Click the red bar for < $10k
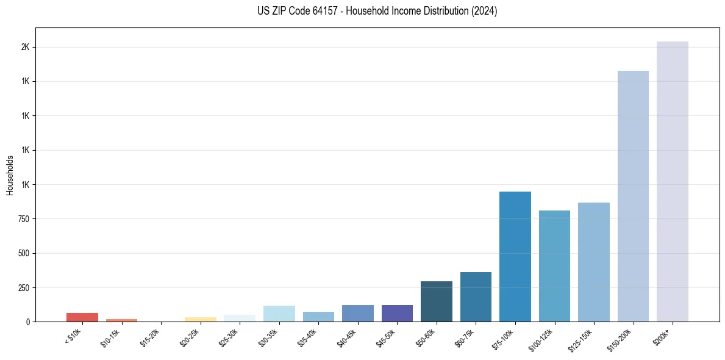point(82,317)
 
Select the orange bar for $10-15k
point(121,320)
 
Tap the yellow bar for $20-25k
point(200,319)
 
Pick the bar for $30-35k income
point(279,314)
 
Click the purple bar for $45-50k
point(397,313)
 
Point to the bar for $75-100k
point(515,257)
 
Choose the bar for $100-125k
point(554,266)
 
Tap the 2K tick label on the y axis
point(25,48)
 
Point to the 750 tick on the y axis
point(24,219)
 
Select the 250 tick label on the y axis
point(24,288)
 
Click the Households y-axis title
point(10,175)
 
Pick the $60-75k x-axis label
point(466,335)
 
